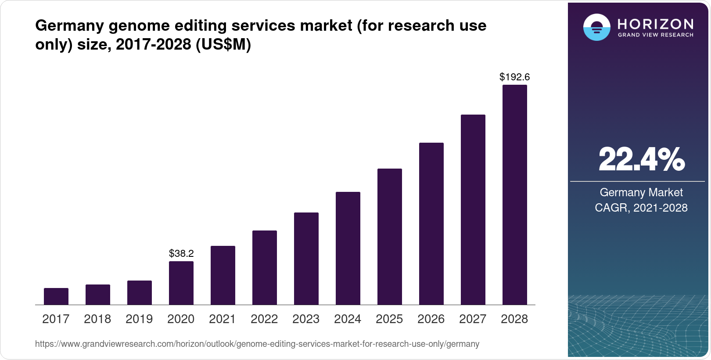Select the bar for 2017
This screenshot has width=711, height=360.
56,296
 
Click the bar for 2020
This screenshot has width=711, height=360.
181,283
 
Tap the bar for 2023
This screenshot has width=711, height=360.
306,259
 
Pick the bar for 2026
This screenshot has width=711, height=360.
431,224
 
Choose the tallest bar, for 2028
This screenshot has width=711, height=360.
515,195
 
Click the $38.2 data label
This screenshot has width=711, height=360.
181,253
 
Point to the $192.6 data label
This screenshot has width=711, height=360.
514,77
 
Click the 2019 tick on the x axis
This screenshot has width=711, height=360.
139,319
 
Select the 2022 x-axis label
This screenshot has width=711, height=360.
264,319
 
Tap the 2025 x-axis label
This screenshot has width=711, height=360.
389,319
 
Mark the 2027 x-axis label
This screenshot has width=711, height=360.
473,319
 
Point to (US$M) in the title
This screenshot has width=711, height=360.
223,45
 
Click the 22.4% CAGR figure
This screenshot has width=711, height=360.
641,159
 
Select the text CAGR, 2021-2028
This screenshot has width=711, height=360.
641,208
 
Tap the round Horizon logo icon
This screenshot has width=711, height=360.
596,27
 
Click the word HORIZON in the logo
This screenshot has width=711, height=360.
655,24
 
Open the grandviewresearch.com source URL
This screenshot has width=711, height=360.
257,344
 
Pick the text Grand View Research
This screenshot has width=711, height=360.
655,35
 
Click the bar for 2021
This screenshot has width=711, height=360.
223,275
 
